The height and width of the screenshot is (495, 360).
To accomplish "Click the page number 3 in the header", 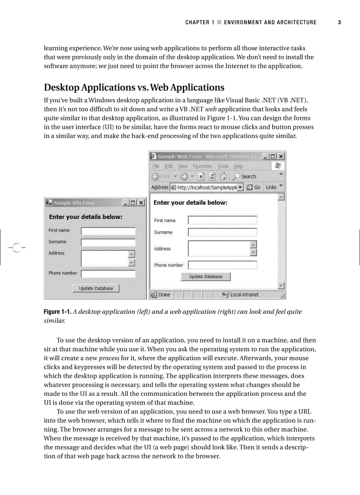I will [340, 22].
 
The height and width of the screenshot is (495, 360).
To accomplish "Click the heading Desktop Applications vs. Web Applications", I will [134, 87].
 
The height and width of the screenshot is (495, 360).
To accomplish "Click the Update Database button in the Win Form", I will [96, 288].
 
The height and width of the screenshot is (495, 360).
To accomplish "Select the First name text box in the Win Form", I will [108, 231].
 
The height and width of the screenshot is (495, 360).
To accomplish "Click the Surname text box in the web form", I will [222, 232].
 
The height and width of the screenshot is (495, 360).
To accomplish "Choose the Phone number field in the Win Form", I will [108, 274].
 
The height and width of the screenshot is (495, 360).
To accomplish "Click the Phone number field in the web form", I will [222, 265].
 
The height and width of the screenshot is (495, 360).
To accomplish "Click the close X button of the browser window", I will [281, 156].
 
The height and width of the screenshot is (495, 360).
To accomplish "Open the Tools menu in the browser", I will [223, 166].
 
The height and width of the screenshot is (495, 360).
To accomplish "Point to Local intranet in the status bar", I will [244, 294].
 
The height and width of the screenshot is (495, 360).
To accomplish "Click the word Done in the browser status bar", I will [164, 294].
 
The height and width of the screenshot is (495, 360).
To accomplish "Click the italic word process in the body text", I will [110, 358].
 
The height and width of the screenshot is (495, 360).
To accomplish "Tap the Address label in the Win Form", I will [56, 253].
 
